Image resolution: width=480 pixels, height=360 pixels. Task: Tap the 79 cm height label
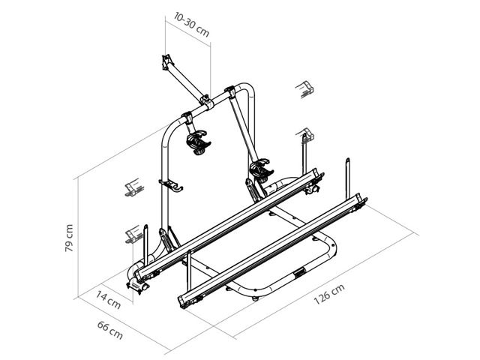tap(69, 238)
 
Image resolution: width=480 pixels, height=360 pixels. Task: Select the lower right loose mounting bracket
tap(305, 136)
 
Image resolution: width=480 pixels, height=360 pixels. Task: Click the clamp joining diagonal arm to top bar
tap(203, 97)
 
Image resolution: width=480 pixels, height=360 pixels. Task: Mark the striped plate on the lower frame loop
tap(299, 274)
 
